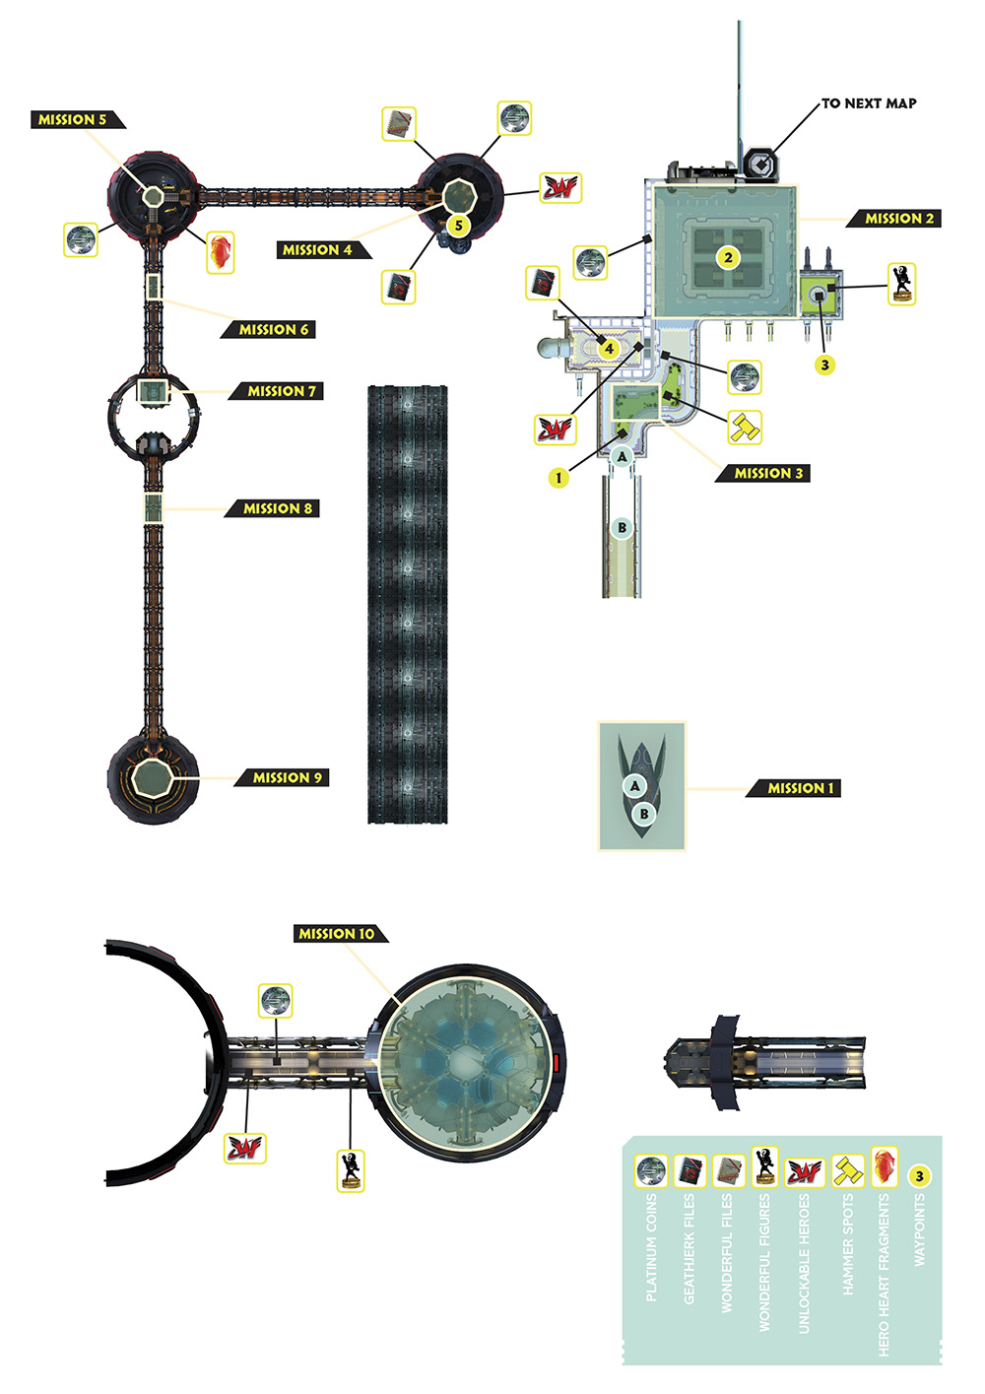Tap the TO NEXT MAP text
pyautogui.click(x=869, y=103)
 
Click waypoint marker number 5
pyautogui.click(x=459, y=226)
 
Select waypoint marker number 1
pyautogui.click(x=558, y=478)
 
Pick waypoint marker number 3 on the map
pyautogui.click(x=825, y=365)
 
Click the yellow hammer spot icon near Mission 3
pyautogui.click(x=745, y=429)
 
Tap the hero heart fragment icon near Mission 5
pyautogui.click(x=221, y=252)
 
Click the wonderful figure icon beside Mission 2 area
pyautogui.click(x=901, y=285)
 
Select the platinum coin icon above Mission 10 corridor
pyautogui.click(x=275, y=1001)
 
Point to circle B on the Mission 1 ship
pyautogui.click(x=644, y=814)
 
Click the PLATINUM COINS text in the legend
pyautogui.click(x=651, y=1248)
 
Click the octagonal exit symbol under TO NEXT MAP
pyautogui.click(x=760, y=165)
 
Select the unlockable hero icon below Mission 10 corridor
pyautogui.click(x=245, y=1149)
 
